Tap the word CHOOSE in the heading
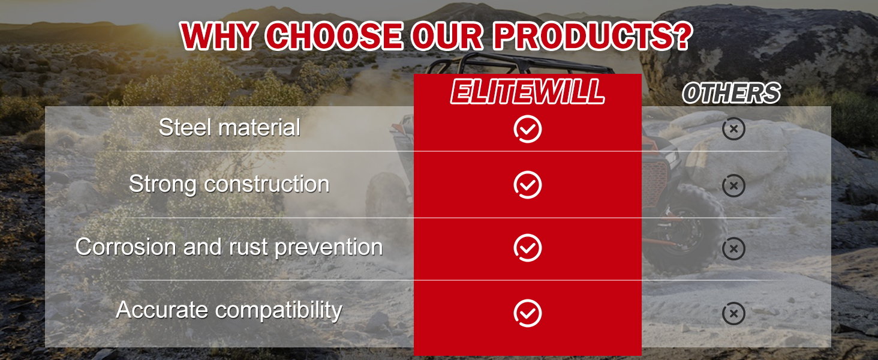(335, 36)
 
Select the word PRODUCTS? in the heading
(593, 36)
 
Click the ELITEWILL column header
(528, 92)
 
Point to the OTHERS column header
(732, 94)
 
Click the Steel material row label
(230, 127)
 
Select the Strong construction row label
(229, 184)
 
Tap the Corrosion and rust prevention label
(229, 247)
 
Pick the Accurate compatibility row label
(229, 310)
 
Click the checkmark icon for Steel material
(528, 129)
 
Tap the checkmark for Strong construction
(528, 185)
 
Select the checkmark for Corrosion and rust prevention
(528, 248)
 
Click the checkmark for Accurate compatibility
(528, 313)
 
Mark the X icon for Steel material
(733, 128)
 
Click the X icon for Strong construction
(733, 185)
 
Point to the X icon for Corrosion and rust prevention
(733, 248)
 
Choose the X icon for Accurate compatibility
(733, 313)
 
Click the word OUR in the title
(447, 36)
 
